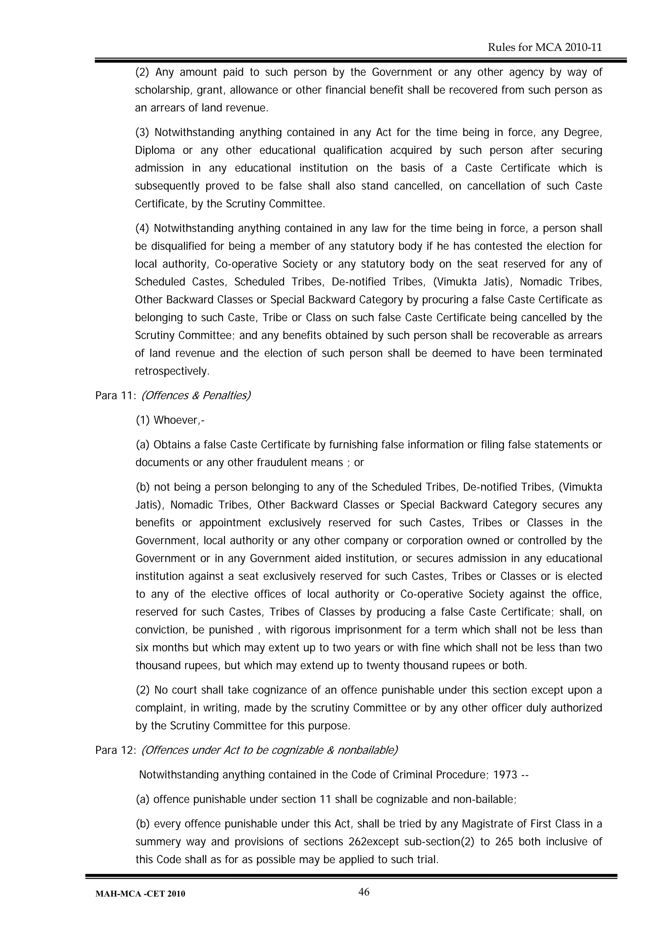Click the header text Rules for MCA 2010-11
pos(545,47)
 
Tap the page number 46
pos(364,892)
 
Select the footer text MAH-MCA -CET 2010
pos(140,894)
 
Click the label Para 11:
pos(116,395)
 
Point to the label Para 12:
pos(116,750)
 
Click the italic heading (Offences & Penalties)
pos(196,395)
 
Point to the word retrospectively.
pos(172,371)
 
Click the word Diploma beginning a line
pos(155,150)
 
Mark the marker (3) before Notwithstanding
pos(142,133)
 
